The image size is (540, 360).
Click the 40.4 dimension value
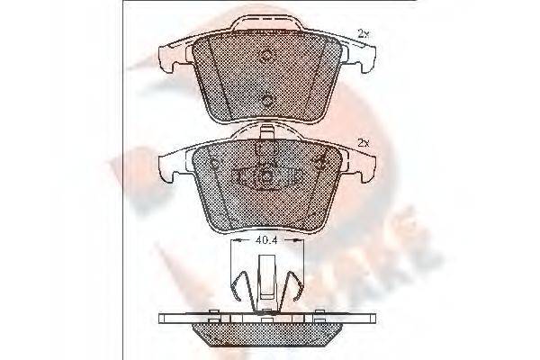(264, 240)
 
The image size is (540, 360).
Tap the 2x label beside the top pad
(363, 33)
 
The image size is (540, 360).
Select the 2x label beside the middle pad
(363, 142)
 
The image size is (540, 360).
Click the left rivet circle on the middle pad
(213, 163)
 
